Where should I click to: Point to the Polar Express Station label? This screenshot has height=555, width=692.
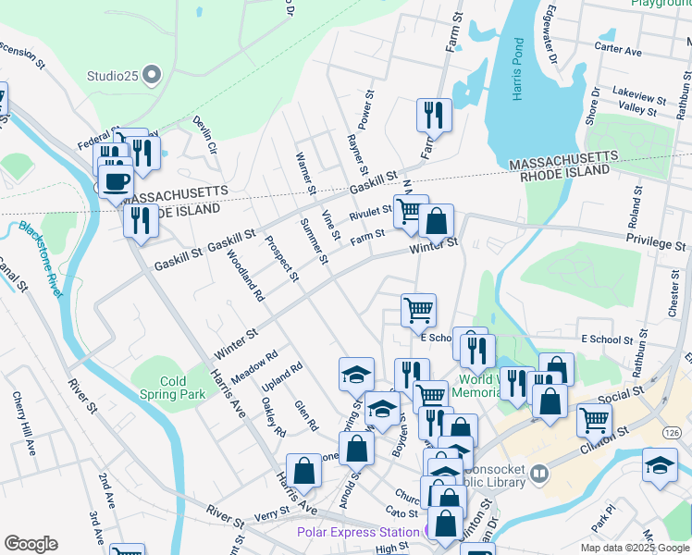357,532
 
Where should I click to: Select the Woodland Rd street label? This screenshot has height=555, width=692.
245,277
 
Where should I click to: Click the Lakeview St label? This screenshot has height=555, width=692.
639,96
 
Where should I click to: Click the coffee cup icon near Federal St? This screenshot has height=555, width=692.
116,180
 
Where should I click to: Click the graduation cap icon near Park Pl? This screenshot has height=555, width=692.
660,464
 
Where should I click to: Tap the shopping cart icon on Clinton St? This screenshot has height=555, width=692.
594,419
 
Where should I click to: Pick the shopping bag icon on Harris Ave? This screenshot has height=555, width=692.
303,470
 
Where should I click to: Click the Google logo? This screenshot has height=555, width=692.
31,544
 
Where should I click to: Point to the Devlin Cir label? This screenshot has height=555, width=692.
204,134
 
